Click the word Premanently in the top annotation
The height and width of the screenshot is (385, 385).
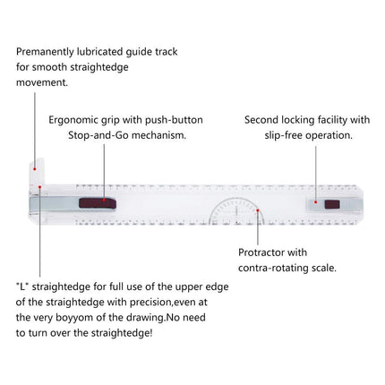point(45,52)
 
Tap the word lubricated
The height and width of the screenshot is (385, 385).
point(99,52)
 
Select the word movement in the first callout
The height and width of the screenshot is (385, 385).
point(41,82)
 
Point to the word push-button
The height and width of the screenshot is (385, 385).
point(174,120)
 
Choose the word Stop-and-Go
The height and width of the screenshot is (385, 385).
point(98,136)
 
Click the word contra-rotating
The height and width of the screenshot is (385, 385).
point(273,269)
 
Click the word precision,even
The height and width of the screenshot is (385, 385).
point(168,303)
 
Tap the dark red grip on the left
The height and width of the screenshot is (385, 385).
point(98,203)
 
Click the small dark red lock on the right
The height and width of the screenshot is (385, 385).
point(332,204)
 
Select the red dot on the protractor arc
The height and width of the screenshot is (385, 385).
point(257,210)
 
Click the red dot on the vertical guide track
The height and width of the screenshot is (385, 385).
point(35,169)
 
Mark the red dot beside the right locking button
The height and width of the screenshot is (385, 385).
point(316,202)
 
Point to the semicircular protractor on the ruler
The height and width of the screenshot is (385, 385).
point(236,199)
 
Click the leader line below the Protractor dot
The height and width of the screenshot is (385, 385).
point(258,228)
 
